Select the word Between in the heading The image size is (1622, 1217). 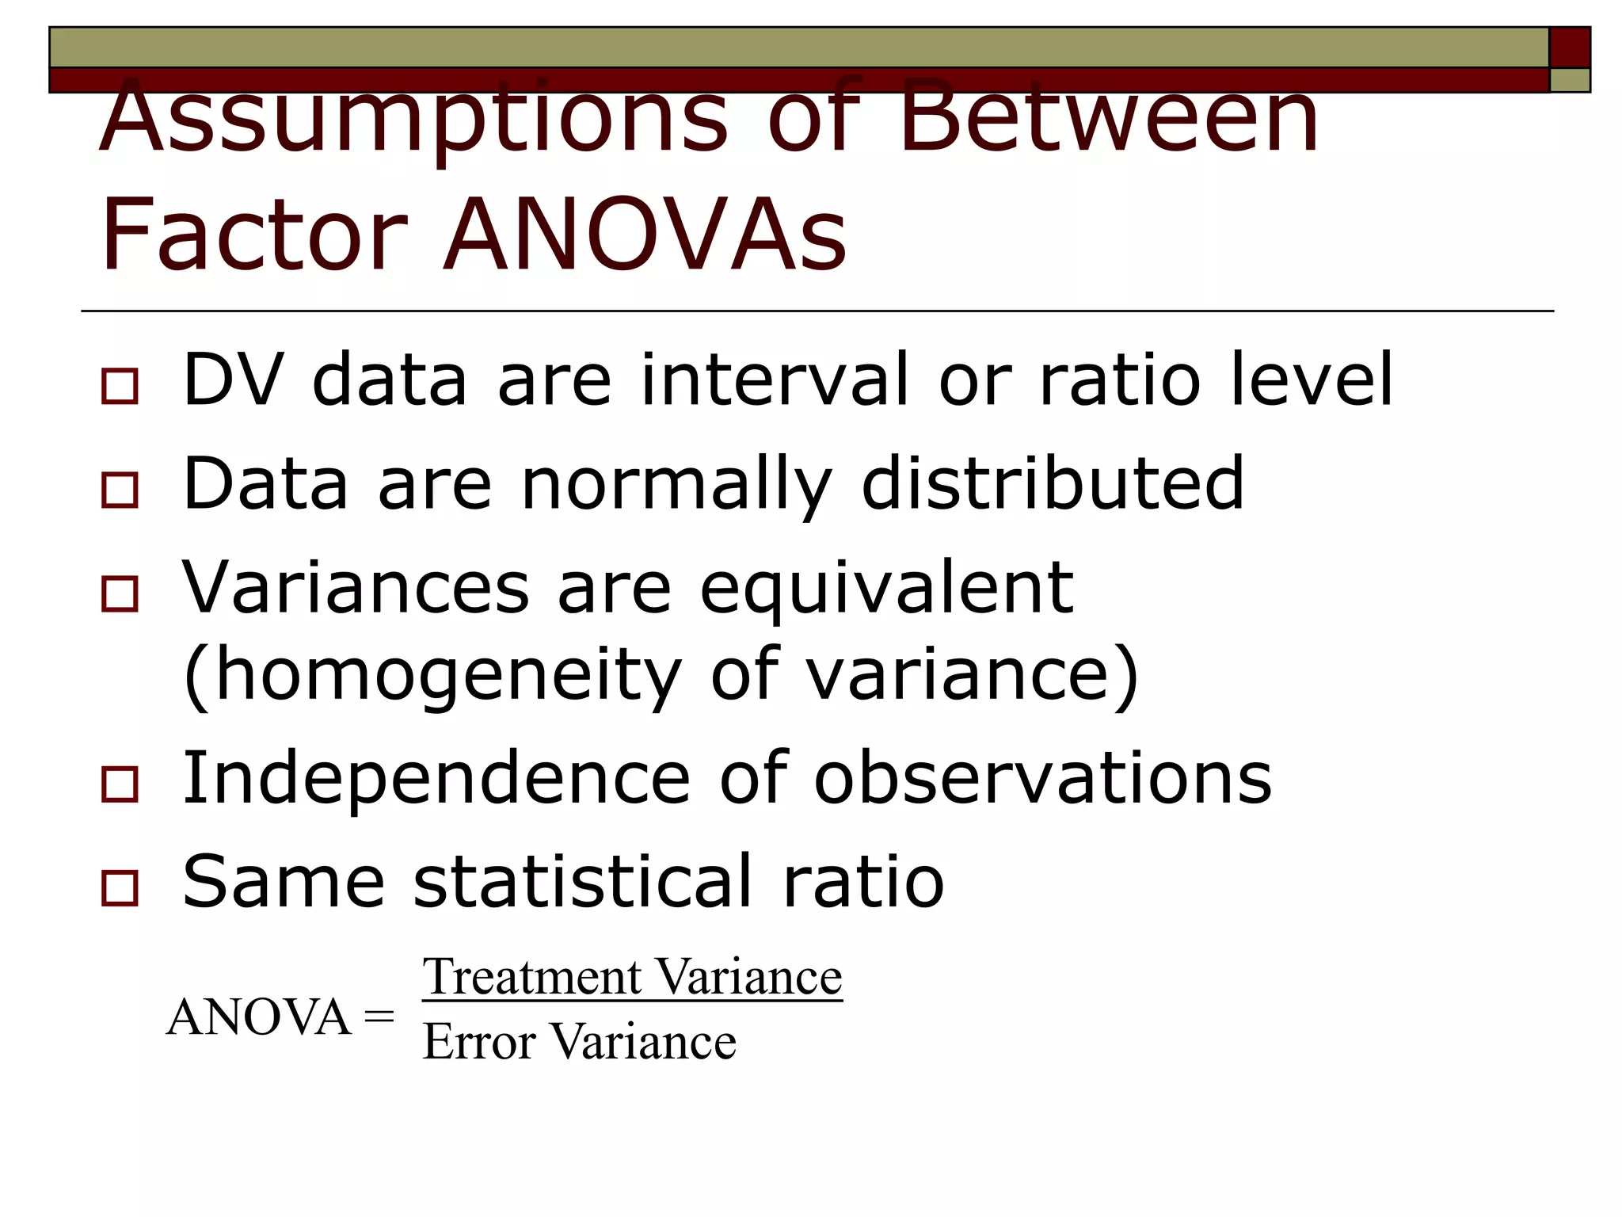[x=1109, y=119]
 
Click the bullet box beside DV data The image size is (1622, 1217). [x=120, y=387]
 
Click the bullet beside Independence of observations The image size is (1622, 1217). [x=120, y=784]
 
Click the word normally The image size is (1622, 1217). [x=676, y=485]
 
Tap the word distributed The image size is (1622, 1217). [x=1053, y=483]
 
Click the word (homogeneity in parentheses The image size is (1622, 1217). [x=432, y=675]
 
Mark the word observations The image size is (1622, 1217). [x=1042, y=778]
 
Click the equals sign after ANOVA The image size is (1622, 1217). [x=379, y=1017]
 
